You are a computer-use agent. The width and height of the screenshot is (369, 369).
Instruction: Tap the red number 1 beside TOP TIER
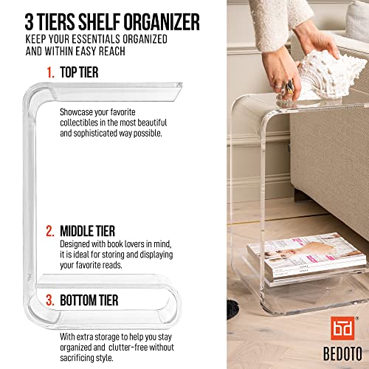[x=51, y=74]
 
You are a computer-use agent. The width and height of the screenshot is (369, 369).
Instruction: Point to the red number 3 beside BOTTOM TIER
[x=49, y=300]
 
